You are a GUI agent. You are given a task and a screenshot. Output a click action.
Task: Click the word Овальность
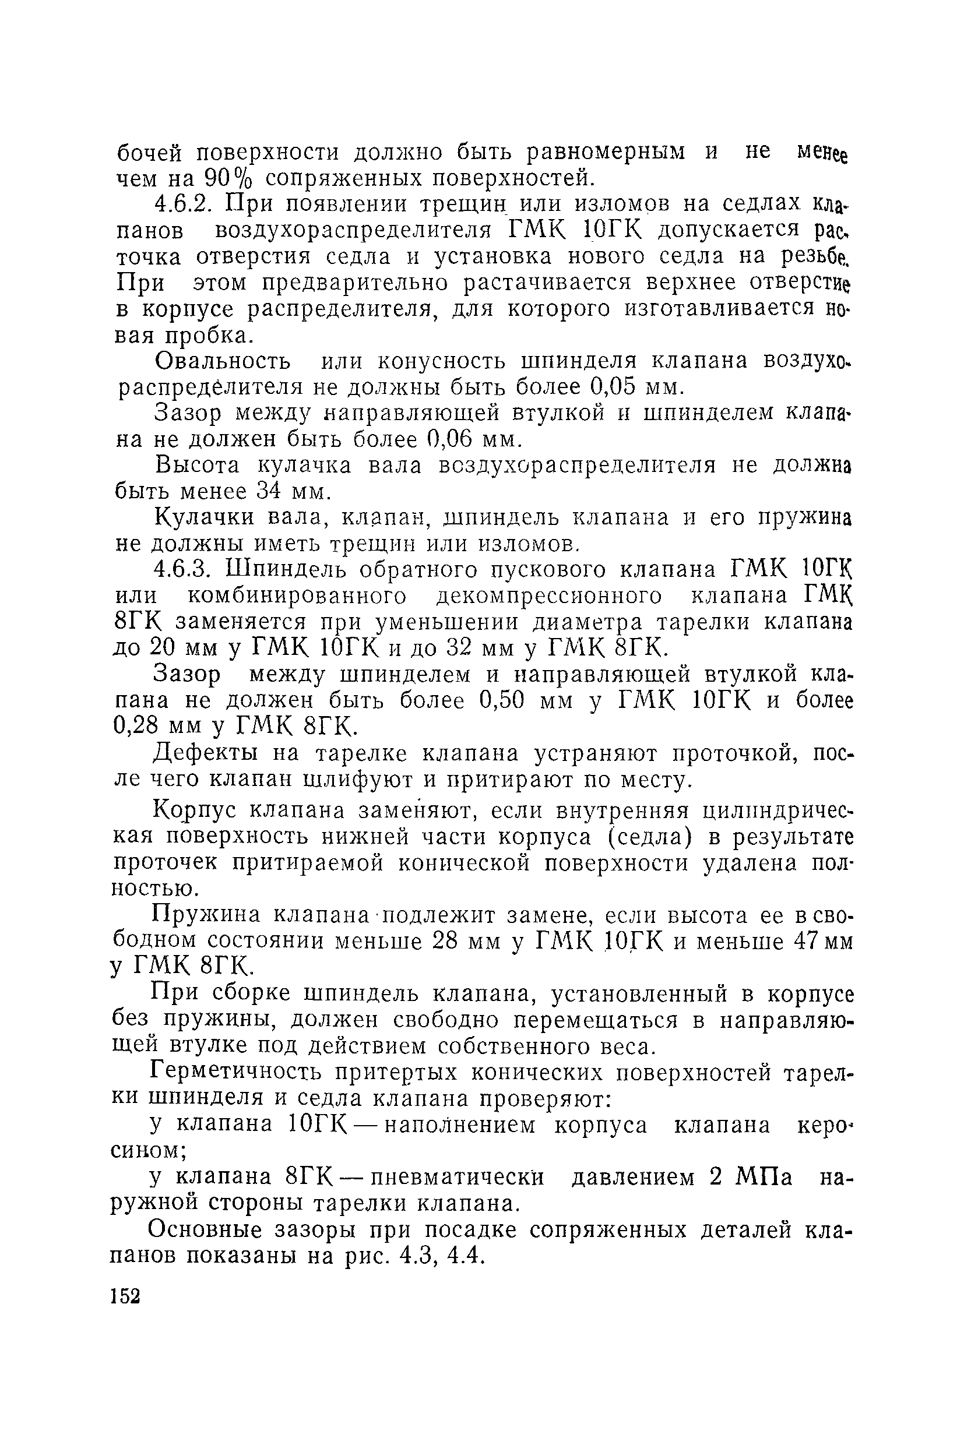tap(222, 361)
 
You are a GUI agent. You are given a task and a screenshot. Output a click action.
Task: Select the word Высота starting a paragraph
tap(198, 466)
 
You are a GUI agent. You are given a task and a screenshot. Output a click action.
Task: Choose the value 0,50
tap(501, 701)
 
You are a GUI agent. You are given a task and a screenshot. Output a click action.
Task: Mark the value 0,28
tap(136, 727)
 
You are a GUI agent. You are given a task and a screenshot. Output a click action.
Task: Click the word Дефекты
tap(206, 753)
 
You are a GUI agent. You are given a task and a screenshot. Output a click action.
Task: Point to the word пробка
tap(209, 336)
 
